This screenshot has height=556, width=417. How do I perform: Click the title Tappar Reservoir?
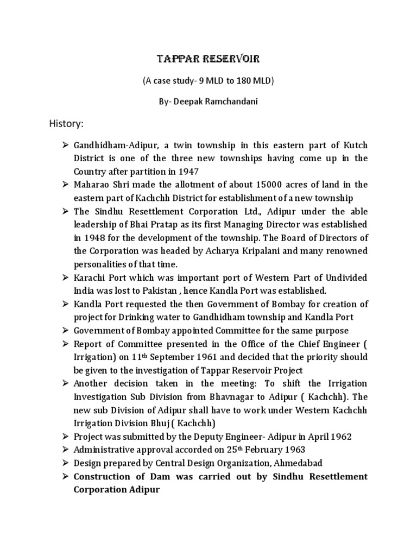tap(208, 58)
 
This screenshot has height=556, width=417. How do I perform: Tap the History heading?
tap(67, 124)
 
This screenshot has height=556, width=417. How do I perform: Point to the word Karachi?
tap(90, 277)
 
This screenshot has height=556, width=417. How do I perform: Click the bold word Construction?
tap(103, 476)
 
